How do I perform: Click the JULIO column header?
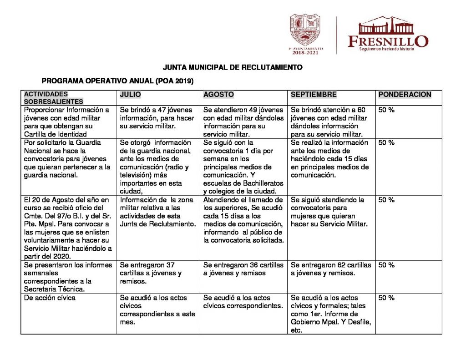[130, 95]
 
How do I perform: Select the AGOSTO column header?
[218, 95]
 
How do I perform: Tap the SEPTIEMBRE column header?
[314, 95]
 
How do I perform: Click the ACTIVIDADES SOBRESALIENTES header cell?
[53, 98]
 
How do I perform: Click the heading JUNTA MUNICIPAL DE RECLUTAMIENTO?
[233, 67]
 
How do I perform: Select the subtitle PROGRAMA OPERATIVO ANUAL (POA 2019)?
[117, 81]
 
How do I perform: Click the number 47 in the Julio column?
[161, 110]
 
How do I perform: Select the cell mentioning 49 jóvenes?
[243, 122]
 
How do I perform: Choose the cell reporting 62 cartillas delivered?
[331, 269]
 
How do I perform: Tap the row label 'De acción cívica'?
[50, 298]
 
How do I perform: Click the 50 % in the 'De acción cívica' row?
[386, 298]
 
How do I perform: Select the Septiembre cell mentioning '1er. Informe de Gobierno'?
[331, 314]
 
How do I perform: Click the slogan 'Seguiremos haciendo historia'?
[386, 48]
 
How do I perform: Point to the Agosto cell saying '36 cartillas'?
[243, 269]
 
